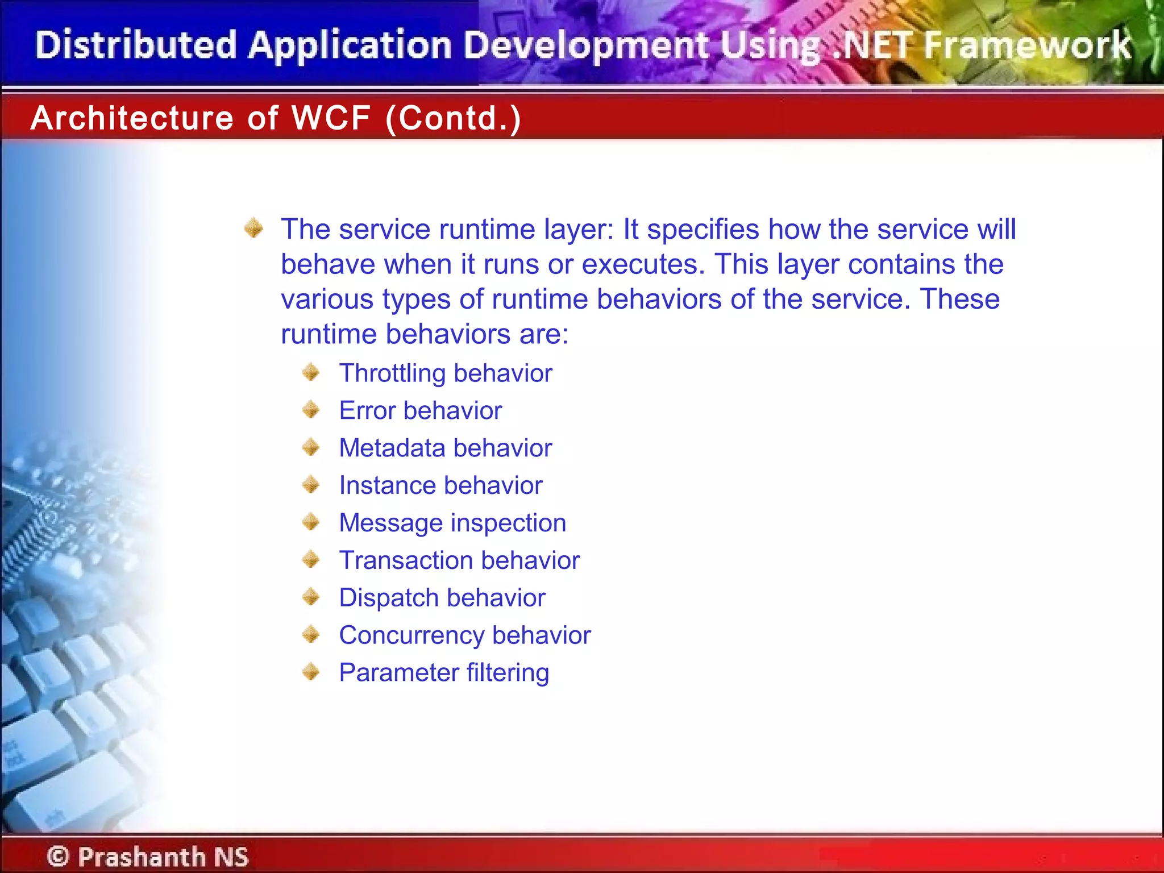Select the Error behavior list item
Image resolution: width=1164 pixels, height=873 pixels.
[x=420, y=410]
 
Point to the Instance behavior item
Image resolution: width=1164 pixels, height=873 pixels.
[x=440, y=485]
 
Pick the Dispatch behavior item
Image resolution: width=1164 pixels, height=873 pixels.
[x=442, y=598]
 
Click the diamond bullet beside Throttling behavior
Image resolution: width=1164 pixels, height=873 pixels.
[x=311, y=373]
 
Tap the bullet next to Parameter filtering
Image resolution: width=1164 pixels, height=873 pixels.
[x=311, y=672]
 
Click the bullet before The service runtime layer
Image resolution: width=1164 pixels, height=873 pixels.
[x=253, y=228]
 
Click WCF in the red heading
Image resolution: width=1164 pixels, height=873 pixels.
[x=331, y=118]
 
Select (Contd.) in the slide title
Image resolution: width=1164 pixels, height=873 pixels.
[x=453, y=118]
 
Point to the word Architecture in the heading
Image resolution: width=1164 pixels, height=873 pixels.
[x=132, y=118]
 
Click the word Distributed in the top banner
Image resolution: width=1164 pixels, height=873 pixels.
[x=136, y=45]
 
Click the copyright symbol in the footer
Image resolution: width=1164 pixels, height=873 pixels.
[x=58, y=856]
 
